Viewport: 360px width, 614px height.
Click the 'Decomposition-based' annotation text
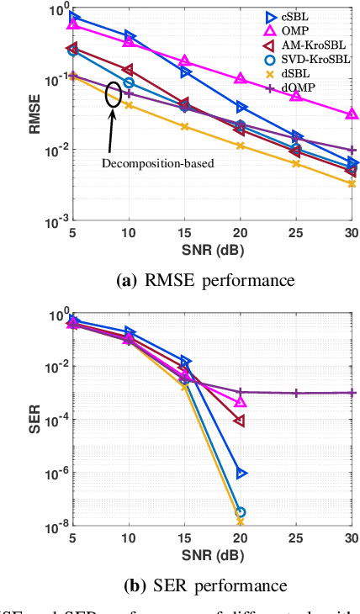(158, 163)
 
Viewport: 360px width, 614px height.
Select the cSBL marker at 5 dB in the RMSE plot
(74, 17)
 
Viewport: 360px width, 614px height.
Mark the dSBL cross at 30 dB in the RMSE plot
(352, 183)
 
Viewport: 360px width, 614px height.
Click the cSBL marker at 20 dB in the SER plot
(241, 473)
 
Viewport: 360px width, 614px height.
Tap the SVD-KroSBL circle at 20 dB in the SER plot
(241, 512)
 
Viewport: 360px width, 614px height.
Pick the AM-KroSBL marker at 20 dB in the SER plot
(241, 420)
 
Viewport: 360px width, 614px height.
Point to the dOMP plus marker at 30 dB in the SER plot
(352, 393)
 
